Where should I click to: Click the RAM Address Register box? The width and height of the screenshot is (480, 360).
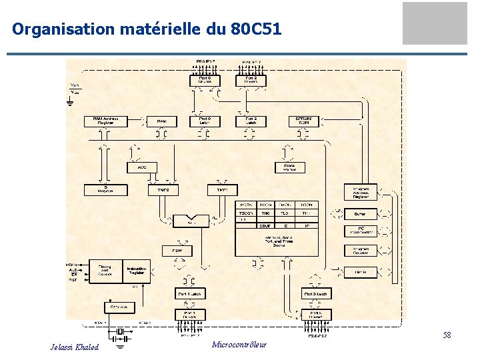click(x=105, y=121)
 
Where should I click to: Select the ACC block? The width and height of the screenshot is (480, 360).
click(x=142, y=167)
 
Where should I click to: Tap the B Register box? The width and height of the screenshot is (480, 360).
click(x=105, y=189)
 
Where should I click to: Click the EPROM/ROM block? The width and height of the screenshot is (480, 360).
click(x=304, y=121)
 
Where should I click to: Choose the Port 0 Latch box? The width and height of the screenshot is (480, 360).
click(x=205, y=121)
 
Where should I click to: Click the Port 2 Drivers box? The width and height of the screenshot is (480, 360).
click(x=251, y=80)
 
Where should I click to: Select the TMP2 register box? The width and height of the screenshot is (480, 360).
click(x=163, y=190)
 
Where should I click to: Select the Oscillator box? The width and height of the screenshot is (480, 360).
click(x=119, y=307)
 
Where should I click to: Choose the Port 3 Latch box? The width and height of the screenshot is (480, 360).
click(x=317, y=294)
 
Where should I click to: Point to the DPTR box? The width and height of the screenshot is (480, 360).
click(x=360, y=271)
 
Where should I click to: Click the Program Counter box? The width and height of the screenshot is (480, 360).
click(x=360, y=251)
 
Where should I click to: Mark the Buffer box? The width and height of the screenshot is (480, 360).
click(x=360, y=214)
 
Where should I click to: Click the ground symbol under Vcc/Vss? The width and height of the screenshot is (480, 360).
click(x=70, y=102)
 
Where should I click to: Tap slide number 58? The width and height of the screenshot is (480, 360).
click(x=447, y=335)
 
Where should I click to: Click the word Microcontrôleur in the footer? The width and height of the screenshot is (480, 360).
click(x=239, y=345)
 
